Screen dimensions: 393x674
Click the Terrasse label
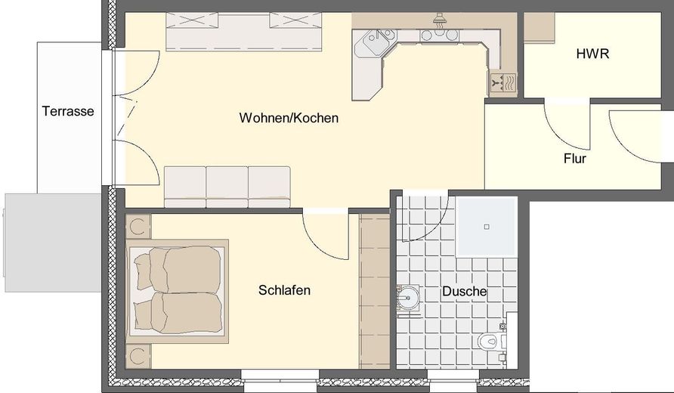(x=68, y=112)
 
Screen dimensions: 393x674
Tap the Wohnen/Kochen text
(x=289, y=119)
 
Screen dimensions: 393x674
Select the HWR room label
(x=592, y=54)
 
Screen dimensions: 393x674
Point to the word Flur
(x=575, y=159)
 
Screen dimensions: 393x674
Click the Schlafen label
(x=284, y=290)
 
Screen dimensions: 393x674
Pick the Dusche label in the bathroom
(x=465, y=292)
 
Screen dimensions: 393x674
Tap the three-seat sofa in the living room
(x=227, y=186)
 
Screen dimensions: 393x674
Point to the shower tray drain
(x=487, y=226)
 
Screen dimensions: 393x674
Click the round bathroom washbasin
(x=409, y=297)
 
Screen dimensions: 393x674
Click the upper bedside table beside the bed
(x=138, y=226)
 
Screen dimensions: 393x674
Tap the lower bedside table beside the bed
(x=138, y=355)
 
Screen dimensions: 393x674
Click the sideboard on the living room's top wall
(x=243, y=32)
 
